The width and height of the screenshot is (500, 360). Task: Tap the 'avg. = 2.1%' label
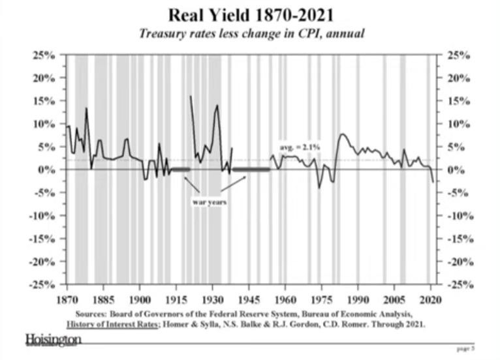click(300, 148)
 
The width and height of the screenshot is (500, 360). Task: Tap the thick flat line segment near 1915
click(179, 170)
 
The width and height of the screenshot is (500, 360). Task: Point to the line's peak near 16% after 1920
click(190, 96)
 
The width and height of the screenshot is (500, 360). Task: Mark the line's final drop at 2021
click(432, 181)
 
